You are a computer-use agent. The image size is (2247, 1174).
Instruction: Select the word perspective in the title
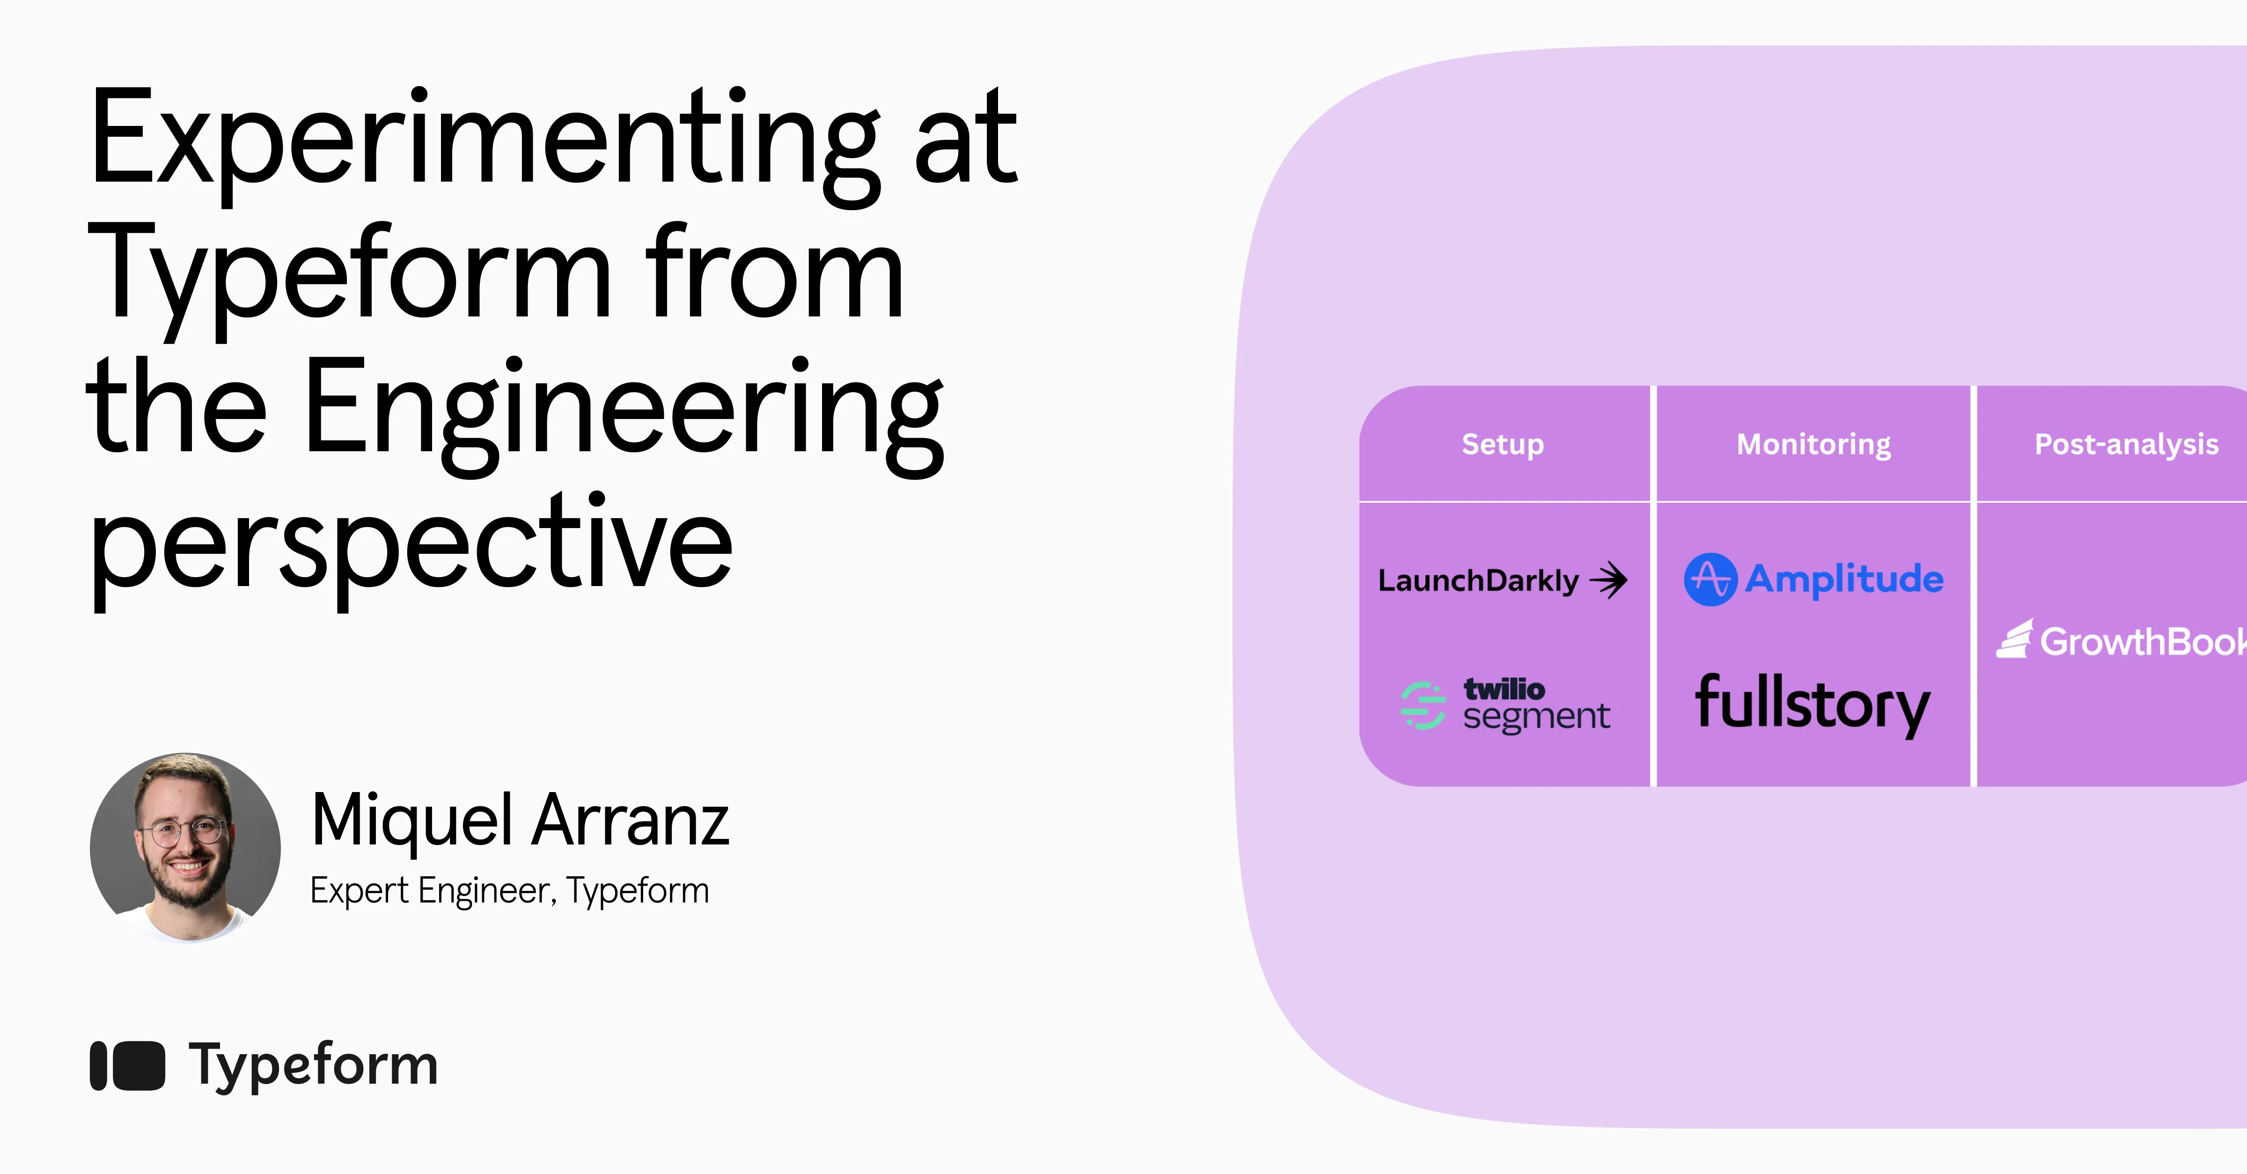point(410,545)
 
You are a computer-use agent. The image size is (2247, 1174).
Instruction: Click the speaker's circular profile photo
point(185,848)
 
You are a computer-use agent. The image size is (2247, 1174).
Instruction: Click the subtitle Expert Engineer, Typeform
point(509,890)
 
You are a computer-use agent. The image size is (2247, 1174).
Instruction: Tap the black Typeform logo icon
point(127,1065)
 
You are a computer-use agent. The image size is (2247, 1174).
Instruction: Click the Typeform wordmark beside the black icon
point(314,1065)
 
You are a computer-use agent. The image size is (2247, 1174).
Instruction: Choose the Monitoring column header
point(1814,444)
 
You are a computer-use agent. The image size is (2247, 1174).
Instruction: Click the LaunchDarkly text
point(1478,580)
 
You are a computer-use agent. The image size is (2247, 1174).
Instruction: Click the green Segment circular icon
point(1423,705)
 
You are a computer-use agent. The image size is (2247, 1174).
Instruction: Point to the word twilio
point(1504,689)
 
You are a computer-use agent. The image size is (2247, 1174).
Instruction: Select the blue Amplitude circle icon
point(1710,579)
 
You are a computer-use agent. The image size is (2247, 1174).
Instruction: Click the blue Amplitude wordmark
point(1844,579)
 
